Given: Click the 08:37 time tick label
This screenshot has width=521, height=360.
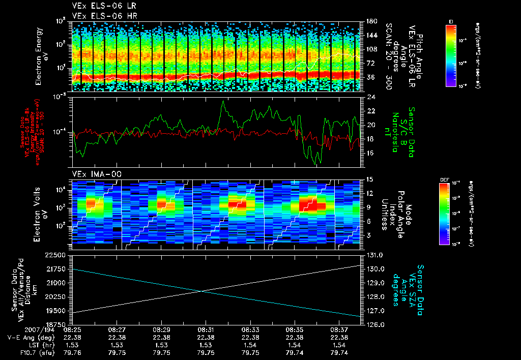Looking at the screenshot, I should click(x=339, y=329).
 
